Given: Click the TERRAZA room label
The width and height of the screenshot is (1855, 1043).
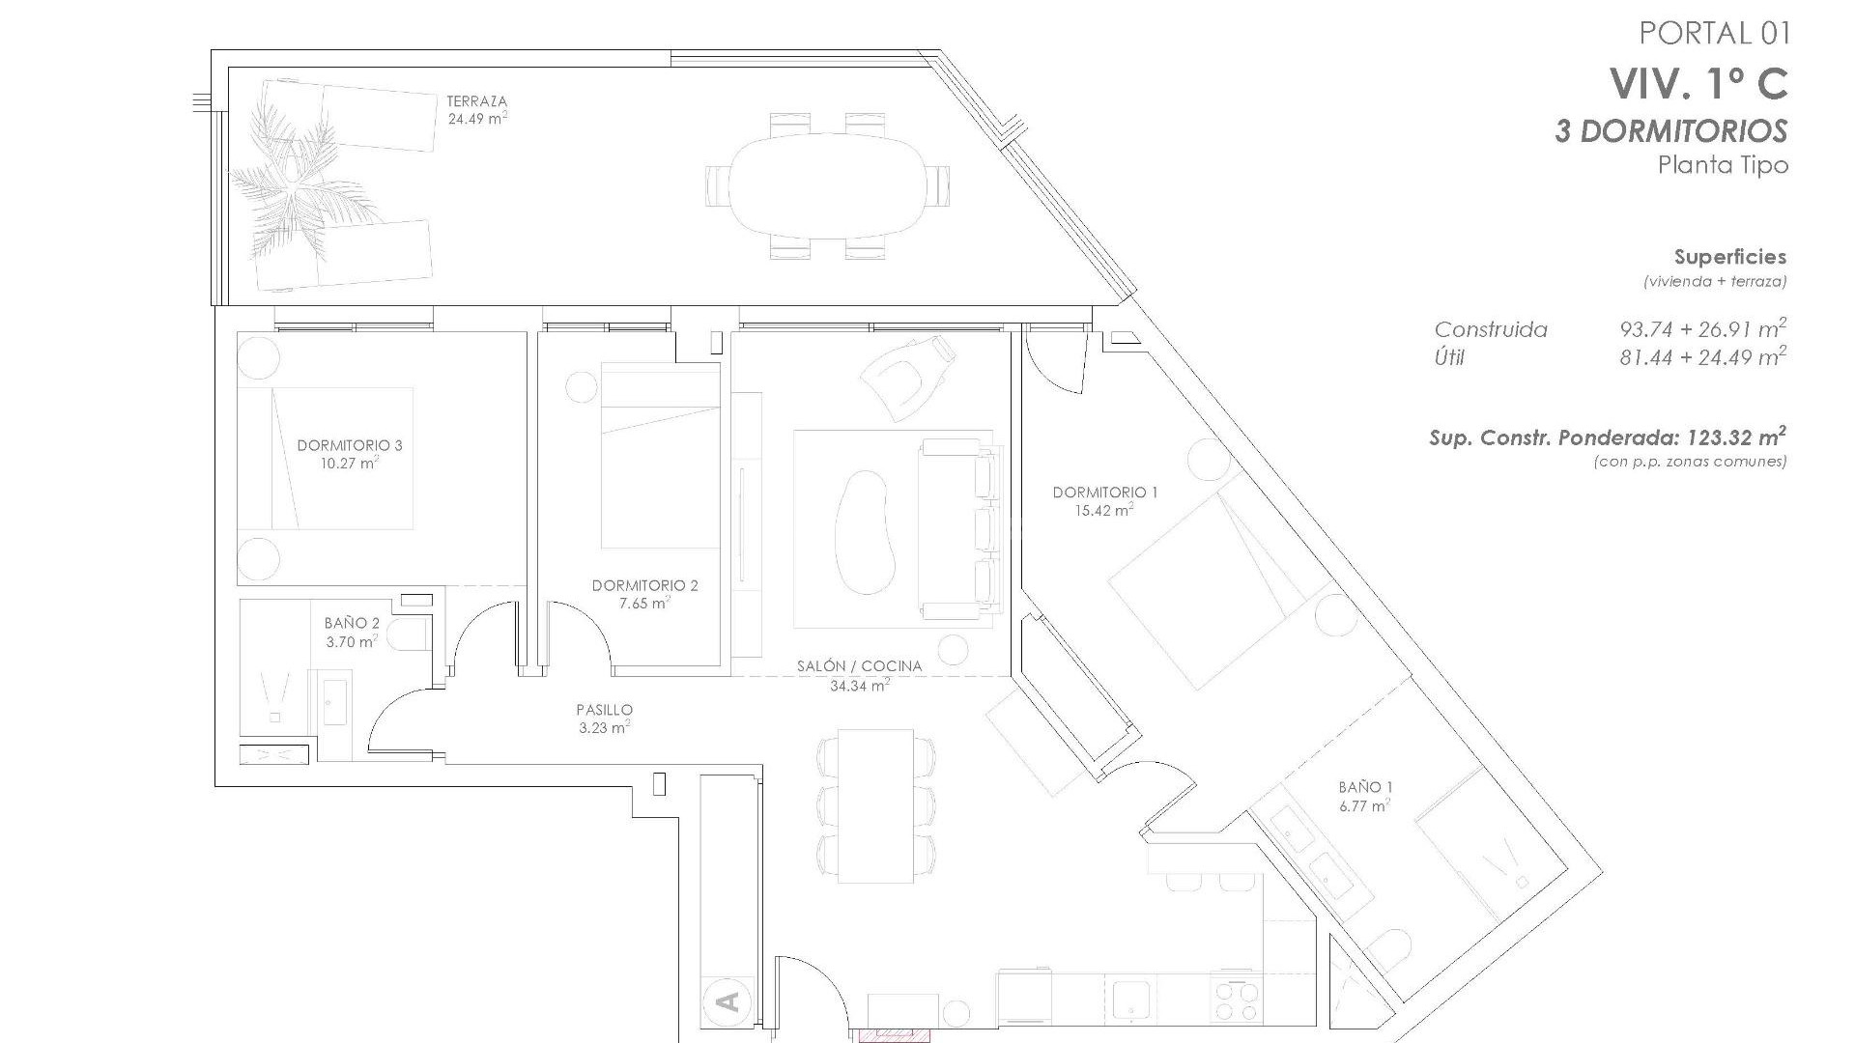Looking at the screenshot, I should coord(476,101).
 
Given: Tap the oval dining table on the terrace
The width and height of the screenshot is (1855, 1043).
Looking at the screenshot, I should coord(828,186).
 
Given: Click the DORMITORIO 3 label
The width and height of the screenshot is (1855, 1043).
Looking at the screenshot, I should coord(350,445).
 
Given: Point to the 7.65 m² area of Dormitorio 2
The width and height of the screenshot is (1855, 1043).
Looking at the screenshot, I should coord(645,604).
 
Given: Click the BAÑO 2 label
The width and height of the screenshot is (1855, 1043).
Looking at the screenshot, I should coord(352,624).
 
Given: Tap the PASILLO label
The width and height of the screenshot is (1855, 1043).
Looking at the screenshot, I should coord(604,710).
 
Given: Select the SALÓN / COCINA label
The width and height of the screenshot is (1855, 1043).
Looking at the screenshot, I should coord(859,666).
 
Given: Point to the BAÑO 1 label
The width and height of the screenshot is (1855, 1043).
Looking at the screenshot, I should coord(1365,787).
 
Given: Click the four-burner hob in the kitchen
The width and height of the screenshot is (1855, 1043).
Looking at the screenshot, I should coord(1236,1001).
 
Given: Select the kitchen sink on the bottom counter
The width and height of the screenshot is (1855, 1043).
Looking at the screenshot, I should coord(1127,1001).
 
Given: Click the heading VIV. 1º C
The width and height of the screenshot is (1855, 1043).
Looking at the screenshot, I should coord(1698,84).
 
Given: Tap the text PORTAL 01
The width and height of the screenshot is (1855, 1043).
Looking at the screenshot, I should coord(1715,34).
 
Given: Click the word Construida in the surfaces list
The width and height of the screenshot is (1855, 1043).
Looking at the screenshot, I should coord(1491,330).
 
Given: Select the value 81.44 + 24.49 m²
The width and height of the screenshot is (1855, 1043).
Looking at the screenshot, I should coord(1702,358).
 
